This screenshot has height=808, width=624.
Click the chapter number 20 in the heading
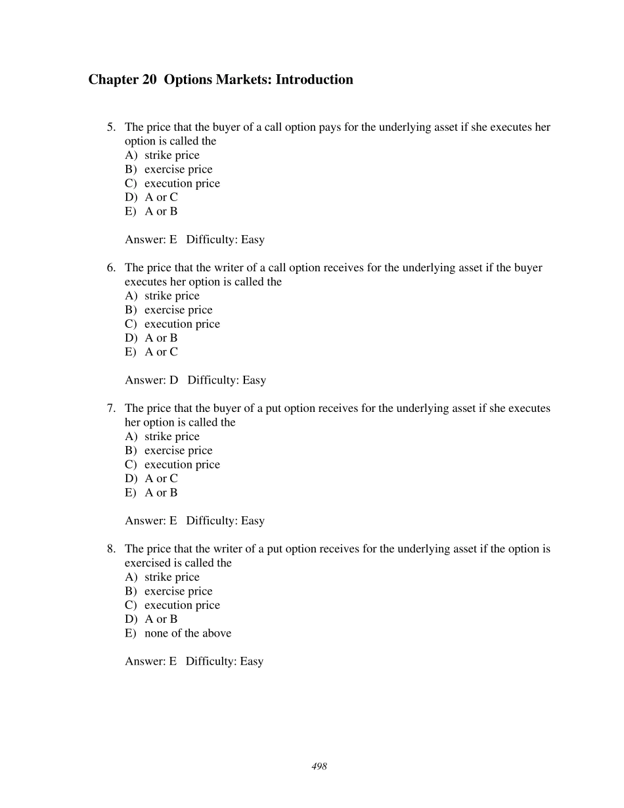click(x=148, y=79)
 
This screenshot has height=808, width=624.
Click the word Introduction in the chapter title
click(x=314, y=79)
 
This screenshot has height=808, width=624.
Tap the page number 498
click(x=319, y=767)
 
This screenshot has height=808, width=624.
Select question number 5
click(x=111, y=127)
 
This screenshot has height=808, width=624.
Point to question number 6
click(x=111, y=267)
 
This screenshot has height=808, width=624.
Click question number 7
click(x=111, y=408)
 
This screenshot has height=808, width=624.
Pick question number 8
click(x=111, y=549)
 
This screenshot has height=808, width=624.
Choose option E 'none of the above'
click(x=187, y=633)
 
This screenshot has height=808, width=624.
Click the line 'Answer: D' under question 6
click(x=152, y=380)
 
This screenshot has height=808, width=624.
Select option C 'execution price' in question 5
click(x=182, y=183)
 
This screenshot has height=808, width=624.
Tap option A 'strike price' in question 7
click(x=171, y=436)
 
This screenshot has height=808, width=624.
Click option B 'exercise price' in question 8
click(x=178, y=591)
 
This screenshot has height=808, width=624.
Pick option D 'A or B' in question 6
click(x=161, y=338)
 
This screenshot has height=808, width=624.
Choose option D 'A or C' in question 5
click(x=161, y=197)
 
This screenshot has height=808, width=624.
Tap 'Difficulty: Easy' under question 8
click(x=224, y=662)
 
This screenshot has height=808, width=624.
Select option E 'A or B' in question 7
click(x=161, y=493)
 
